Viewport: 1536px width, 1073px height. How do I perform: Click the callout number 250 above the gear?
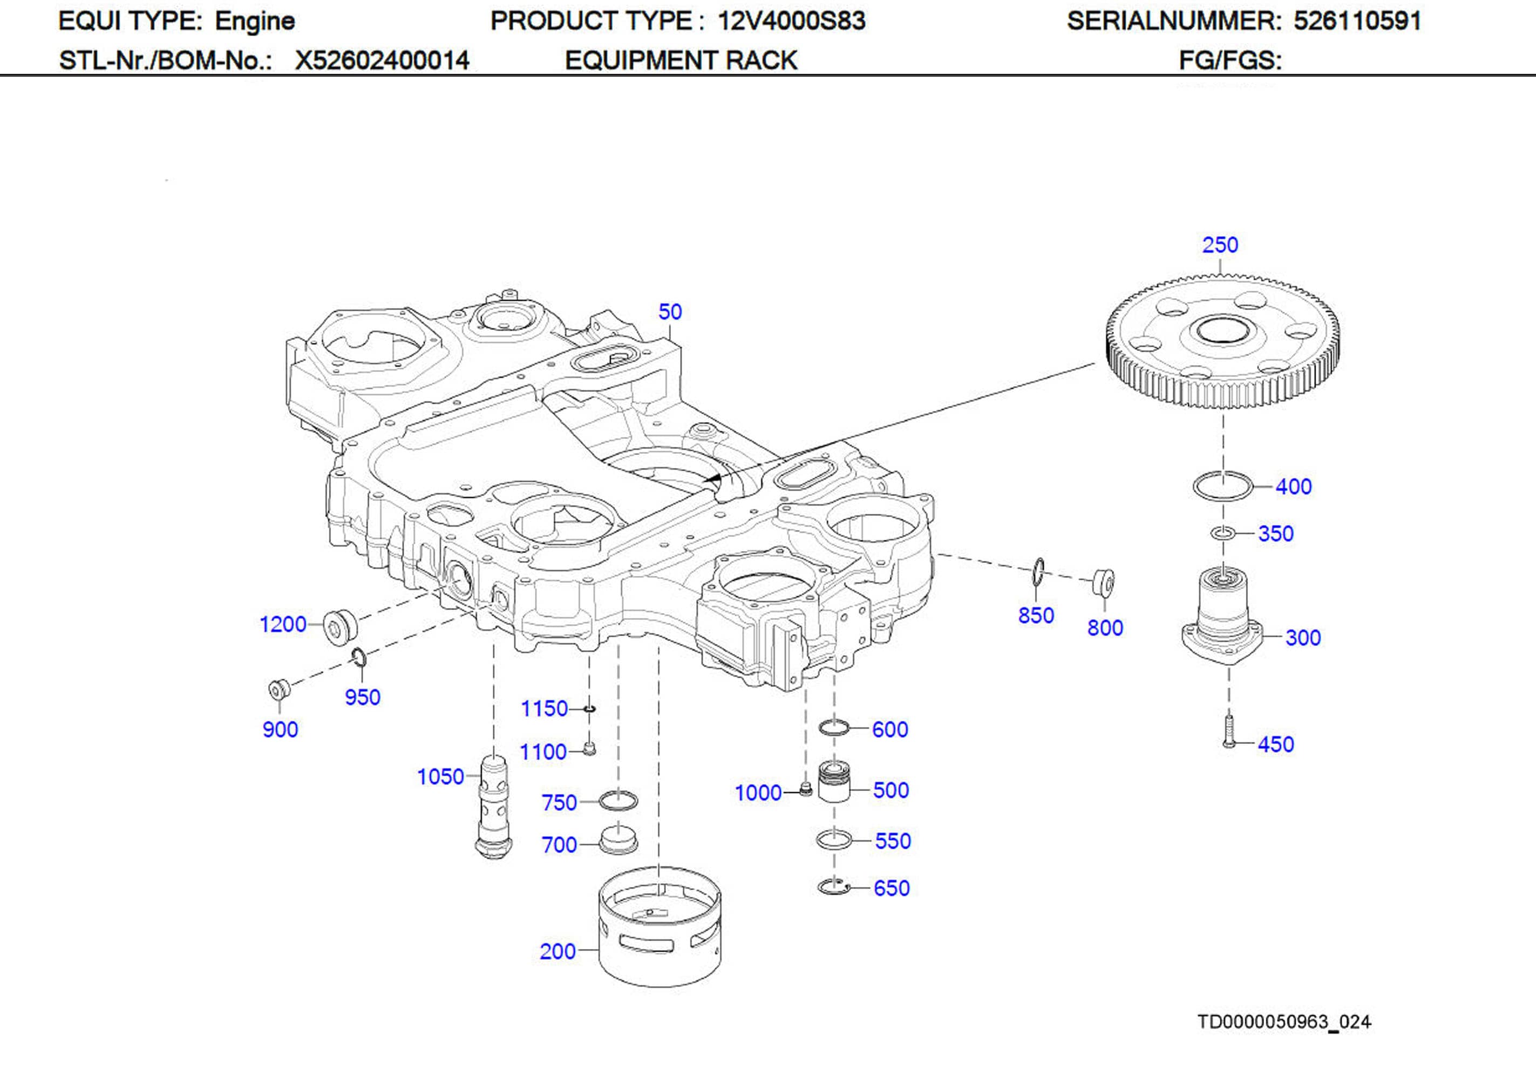1220,245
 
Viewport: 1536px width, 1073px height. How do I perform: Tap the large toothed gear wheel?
1222,341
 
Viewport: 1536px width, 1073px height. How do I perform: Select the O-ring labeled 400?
1222,486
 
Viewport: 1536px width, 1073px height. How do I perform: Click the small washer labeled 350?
1223,533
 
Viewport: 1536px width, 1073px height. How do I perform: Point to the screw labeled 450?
1229,732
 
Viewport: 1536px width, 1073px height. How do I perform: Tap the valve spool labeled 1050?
494,806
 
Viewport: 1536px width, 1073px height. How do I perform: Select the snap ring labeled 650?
833,887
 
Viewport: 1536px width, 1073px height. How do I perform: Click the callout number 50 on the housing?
670,312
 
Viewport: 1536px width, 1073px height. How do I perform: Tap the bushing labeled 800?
1103,582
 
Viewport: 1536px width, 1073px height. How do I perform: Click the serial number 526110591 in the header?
1357,20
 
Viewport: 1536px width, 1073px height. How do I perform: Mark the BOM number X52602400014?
382,61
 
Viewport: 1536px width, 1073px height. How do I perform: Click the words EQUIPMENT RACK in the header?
681,61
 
